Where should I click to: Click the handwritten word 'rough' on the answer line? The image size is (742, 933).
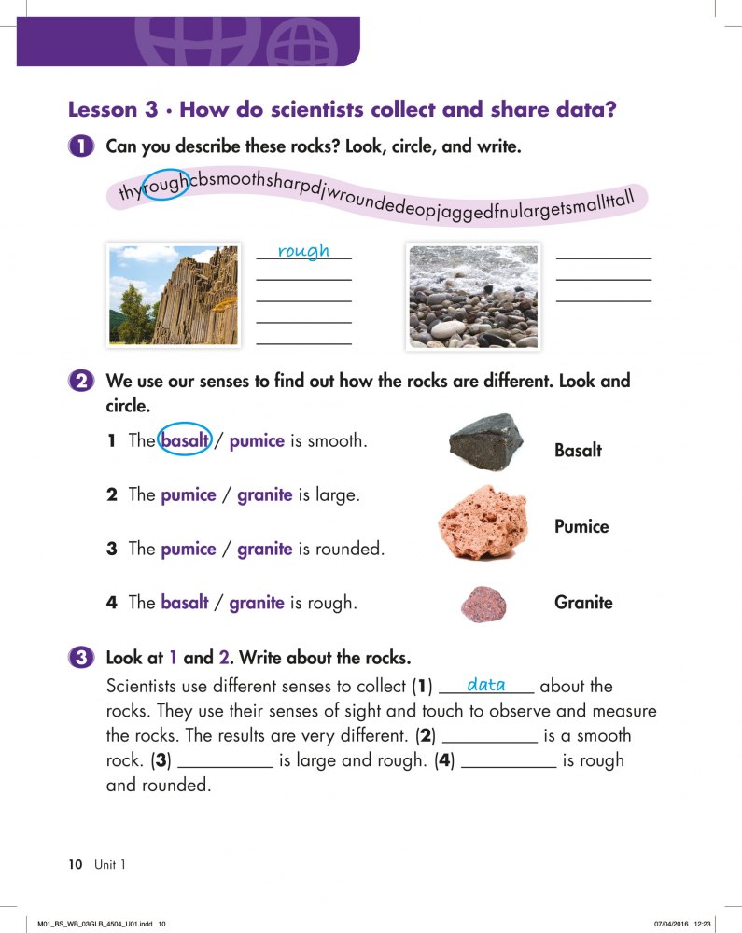click(x=303, y=250)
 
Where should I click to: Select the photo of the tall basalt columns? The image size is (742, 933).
click(x=174, y=295)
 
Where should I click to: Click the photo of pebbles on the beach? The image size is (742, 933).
click(x=473, y=296)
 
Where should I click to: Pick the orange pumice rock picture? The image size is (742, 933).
click(x=483, y=522)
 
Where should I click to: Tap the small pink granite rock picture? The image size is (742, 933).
click(x=483, y=603)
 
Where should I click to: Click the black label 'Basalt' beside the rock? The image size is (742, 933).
click(x=578, y=451)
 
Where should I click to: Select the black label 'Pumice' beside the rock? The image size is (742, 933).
click(x=581, y=527)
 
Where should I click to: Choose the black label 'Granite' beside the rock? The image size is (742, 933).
click(x=583, y=603)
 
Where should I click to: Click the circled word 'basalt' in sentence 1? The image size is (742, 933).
click(x=184, y=440)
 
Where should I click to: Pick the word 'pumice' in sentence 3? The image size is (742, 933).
click(x=188, y=549)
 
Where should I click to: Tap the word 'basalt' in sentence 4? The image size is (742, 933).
click(x=184, y=603)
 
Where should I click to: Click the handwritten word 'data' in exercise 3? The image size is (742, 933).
click(x=485, y=686)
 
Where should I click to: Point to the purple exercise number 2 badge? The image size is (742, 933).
click(x=81, y=382)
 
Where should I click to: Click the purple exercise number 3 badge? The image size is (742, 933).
click(x=81, y=658)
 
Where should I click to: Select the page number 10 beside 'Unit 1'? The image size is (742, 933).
click(x=76, y=864)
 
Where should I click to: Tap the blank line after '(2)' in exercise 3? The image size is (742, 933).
click(x=489, y=737)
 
